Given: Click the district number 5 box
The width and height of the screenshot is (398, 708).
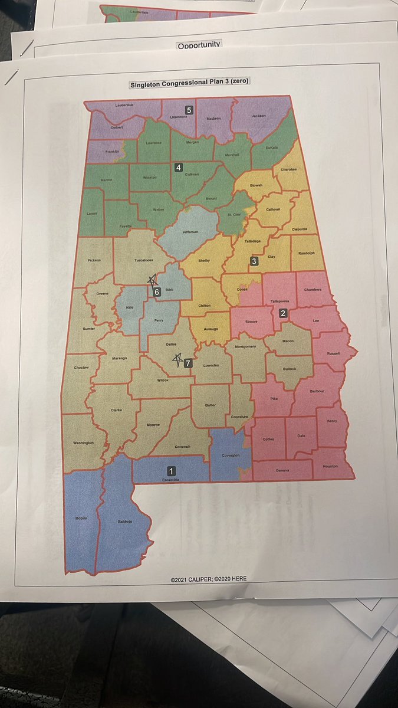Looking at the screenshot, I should click(x=189, y=110).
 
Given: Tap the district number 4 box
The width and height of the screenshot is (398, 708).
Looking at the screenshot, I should click(x=178, y=168).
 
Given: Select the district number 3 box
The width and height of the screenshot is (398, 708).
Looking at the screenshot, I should click(x=254, y=261).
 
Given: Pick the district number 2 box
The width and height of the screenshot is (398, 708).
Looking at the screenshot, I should click(x=283, y=313).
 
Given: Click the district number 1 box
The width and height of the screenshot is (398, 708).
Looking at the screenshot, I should click(x=171, y=471).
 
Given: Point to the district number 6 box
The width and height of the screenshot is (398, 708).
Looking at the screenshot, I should click(x=157, y=291).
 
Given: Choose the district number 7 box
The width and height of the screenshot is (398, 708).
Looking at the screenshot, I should click(x=188, y=363).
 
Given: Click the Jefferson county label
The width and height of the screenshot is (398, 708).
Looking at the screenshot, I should click(x=190, y=232).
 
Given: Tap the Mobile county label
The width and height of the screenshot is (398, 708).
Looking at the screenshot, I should click(x=81, y=518).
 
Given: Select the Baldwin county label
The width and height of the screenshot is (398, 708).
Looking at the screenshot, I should click(x=124, y=522).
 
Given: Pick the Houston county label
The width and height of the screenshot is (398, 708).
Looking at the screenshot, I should click(x=330, y=466).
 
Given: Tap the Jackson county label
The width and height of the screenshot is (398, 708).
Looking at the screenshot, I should click(x=258, y=116).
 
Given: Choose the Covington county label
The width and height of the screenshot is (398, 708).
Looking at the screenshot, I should click(x=231, y=455).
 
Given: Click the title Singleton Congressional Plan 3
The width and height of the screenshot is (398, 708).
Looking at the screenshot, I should click(x=190, y=84).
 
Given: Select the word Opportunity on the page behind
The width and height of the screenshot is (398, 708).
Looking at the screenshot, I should click(x=199, y=45).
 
